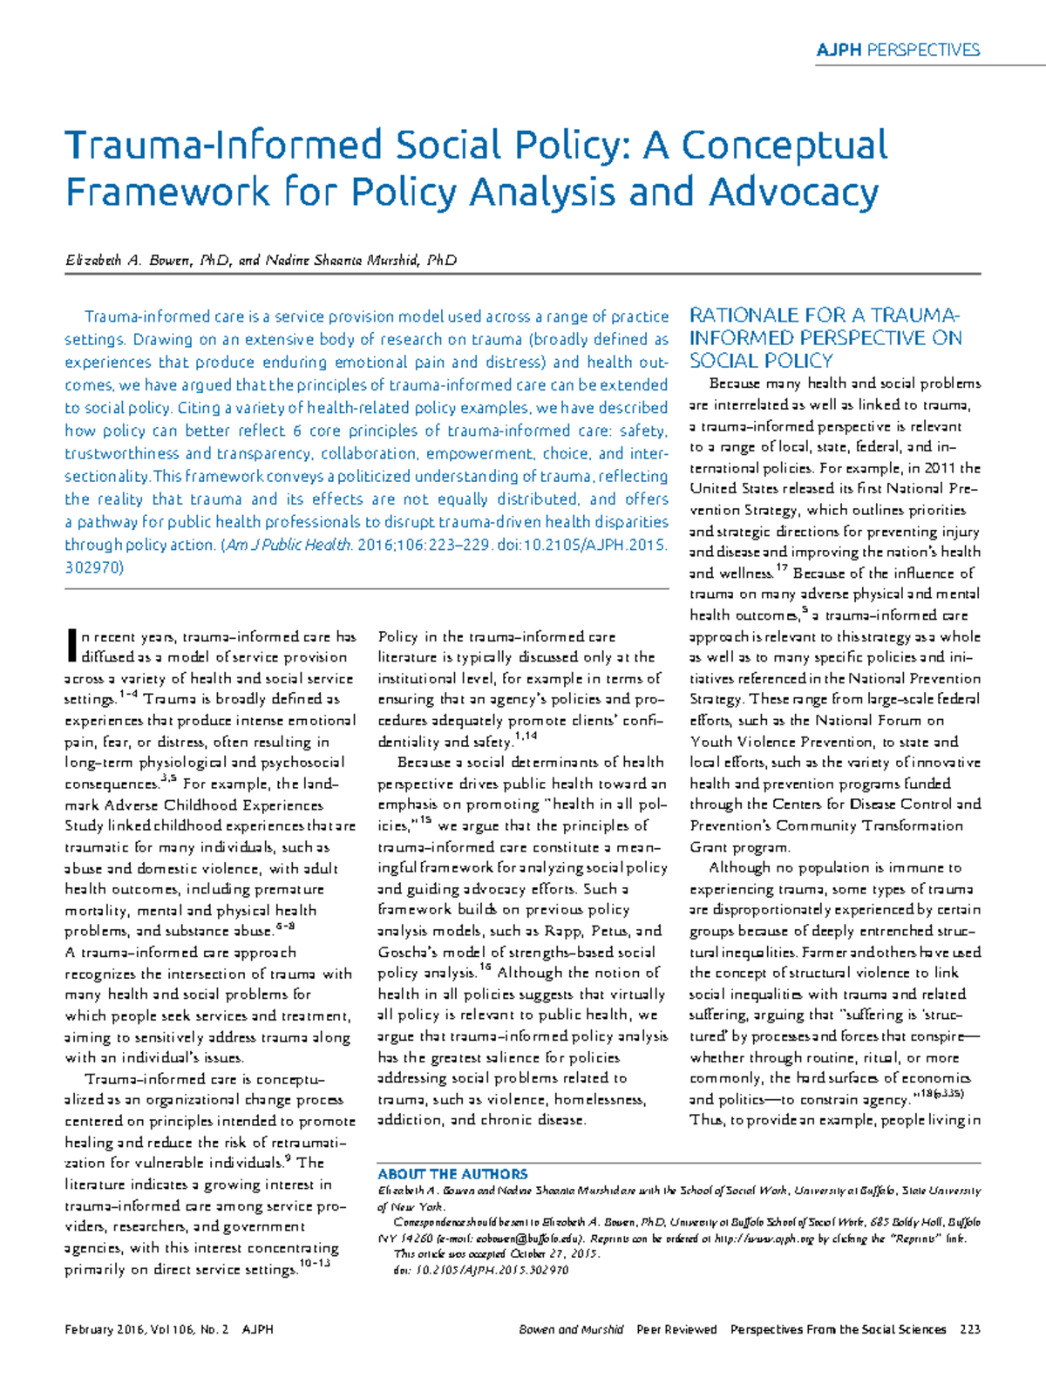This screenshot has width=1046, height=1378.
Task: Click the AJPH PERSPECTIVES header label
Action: (x=897, y=50)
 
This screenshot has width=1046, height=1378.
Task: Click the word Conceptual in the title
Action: (x=784, y=146)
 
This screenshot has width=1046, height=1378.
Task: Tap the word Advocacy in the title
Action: (x=794, y=193)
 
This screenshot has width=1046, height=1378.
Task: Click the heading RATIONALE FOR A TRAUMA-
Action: (x=824, y=316)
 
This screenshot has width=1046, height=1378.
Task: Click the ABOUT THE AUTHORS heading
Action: (x=452, y=1174)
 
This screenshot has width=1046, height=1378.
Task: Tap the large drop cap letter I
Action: (x=71, y=646)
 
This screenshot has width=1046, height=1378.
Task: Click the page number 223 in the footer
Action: (x=969, y=1329)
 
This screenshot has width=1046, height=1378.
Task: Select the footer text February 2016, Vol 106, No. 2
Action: (x=146, y=1329)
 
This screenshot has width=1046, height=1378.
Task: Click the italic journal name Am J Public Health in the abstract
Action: (x=288, y=545)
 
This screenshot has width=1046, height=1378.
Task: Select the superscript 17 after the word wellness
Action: (x=781, y=568)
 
